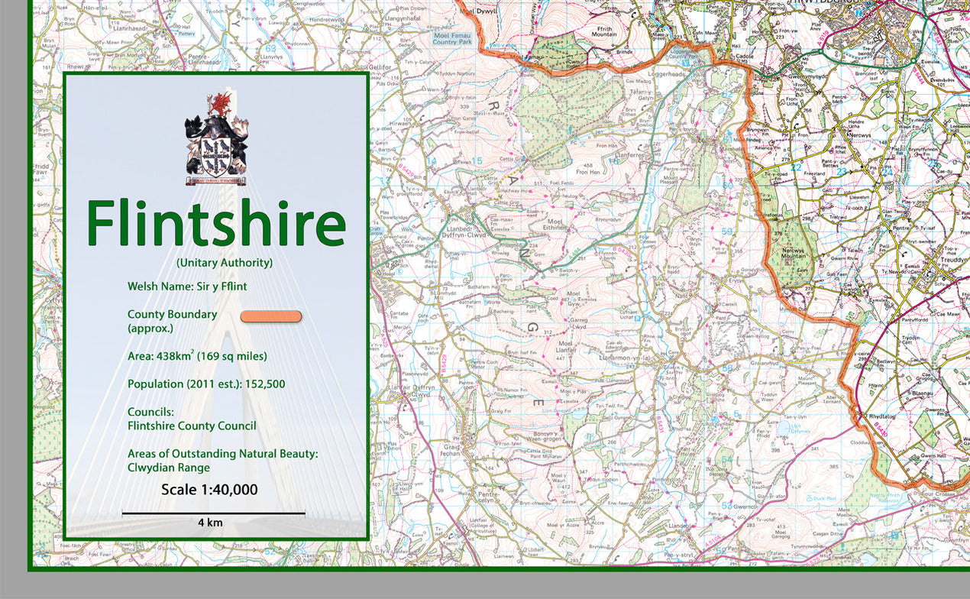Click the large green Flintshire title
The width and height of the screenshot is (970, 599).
216,224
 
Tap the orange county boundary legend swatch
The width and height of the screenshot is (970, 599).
271,316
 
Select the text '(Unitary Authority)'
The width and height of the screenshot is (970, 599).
224,263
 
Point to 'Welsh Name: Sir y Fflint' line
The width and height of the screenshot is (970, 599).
187,287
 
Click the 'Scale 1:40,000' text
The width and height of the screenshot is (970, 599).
209,490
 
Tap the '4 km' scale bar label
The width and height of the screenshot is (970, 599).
211,523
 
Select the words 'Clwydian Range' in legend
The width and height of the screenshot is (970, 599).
168,468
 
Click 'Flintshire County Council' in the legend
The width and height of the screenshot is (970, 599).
192,426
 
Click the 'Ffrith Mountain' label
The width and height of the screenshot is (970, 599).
604,31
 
